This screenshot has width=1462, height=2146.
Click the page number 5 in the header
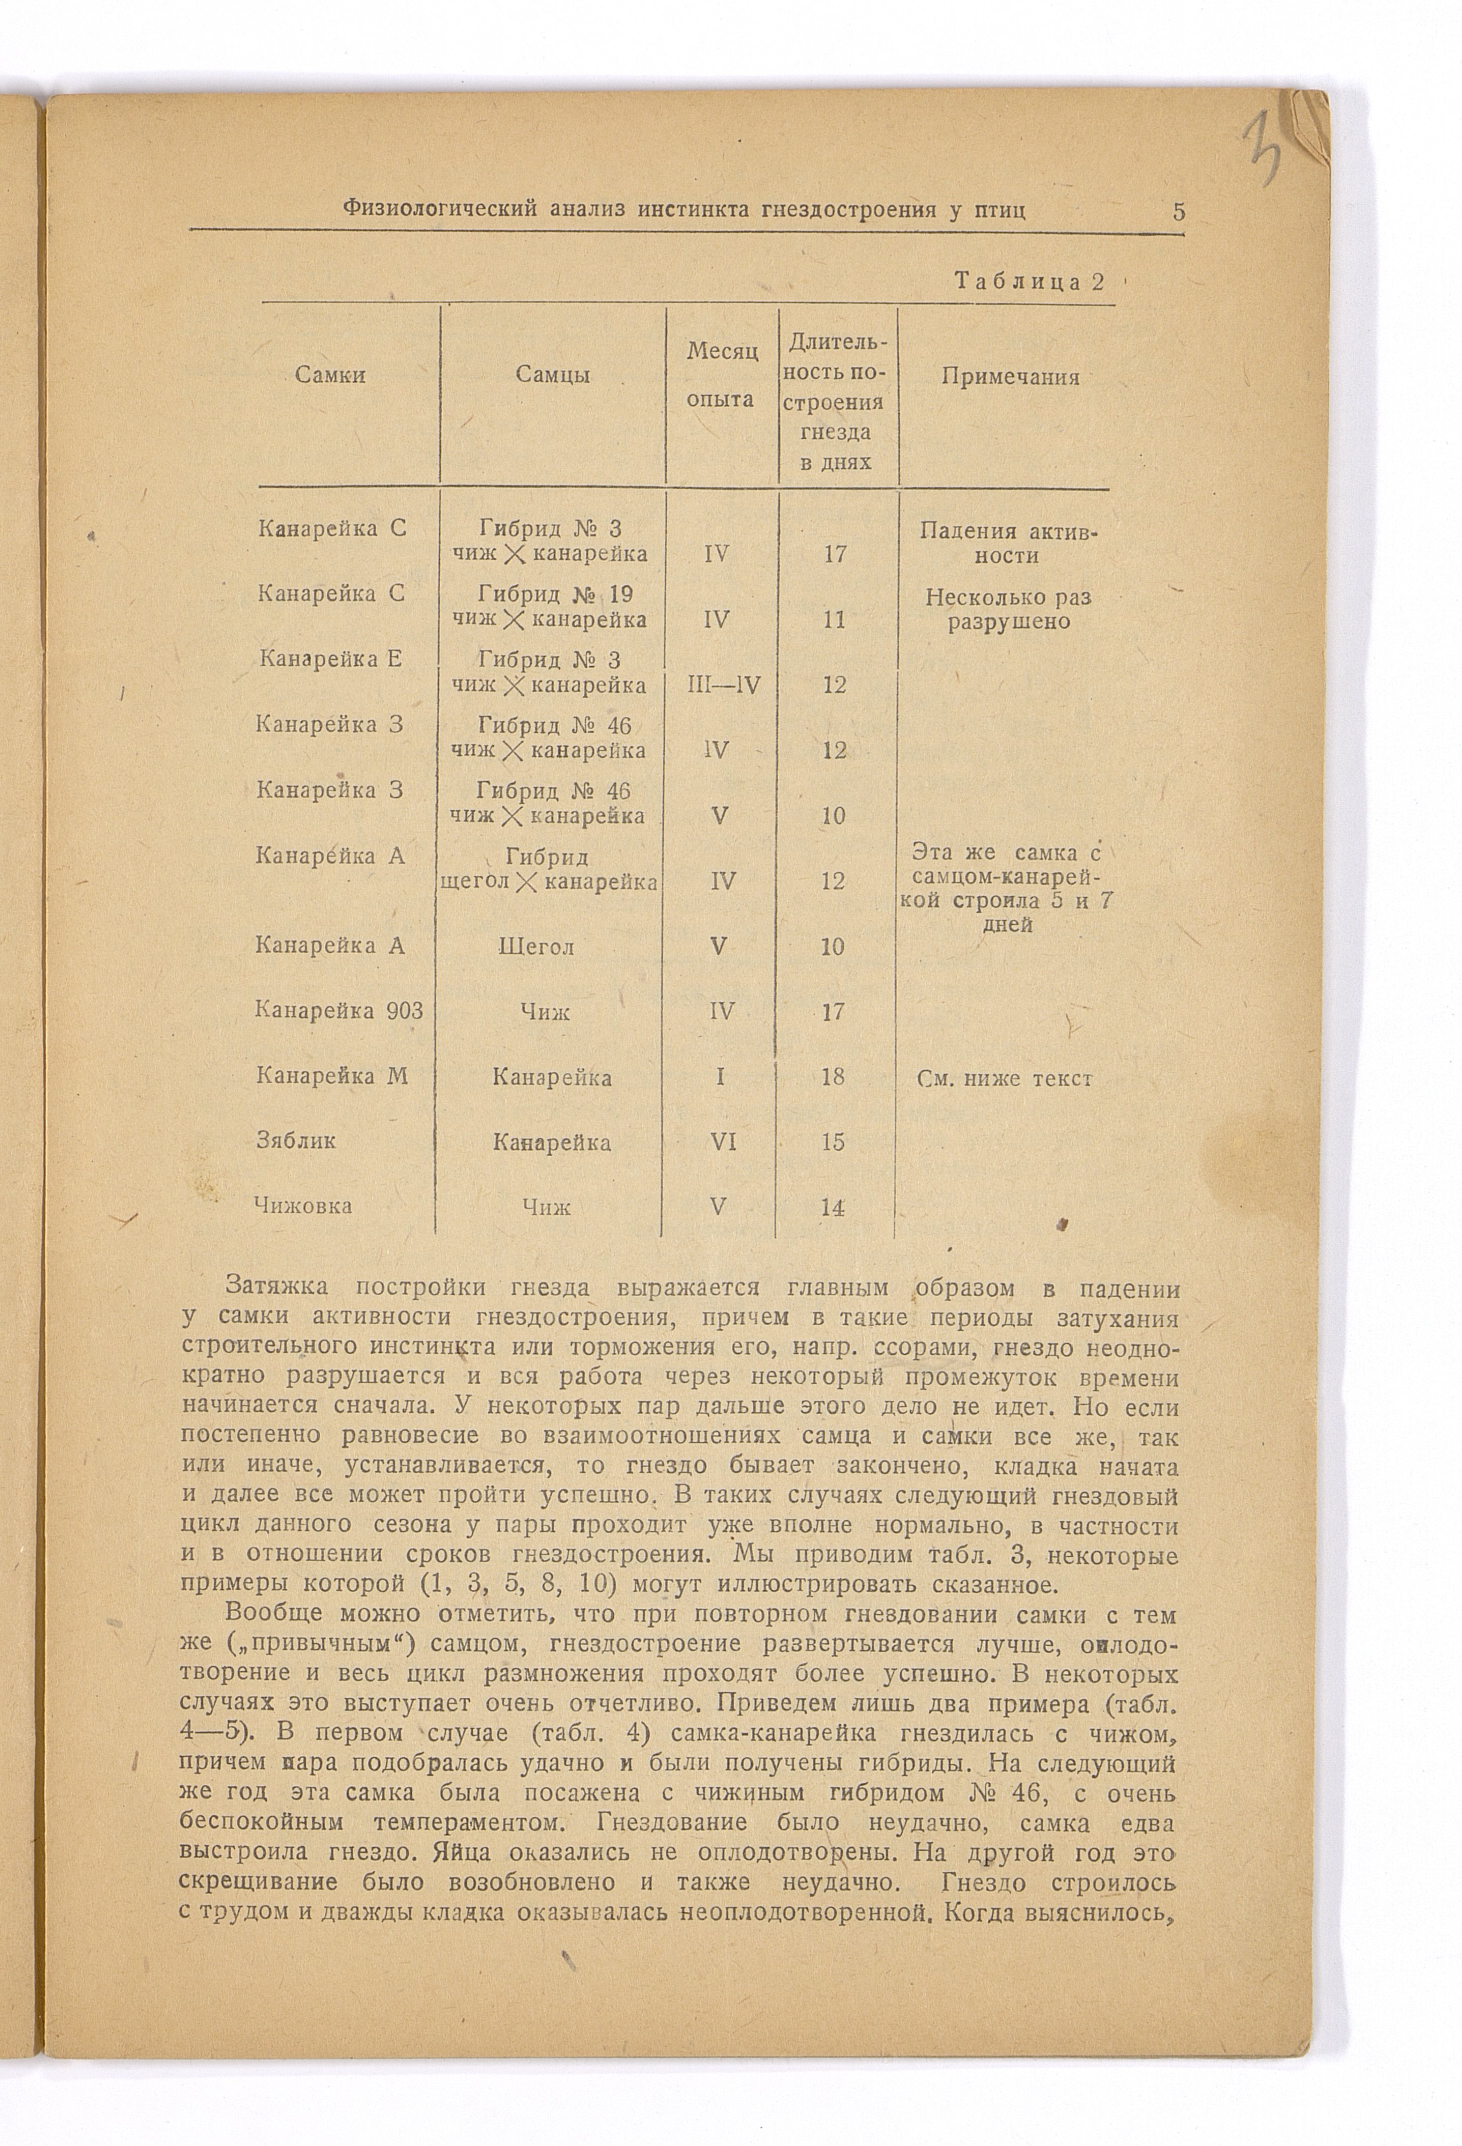[1178, 211]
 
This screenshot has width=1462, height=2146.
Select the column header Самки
[330, 375]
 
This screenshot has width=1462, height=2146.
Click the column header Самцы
[552, 375]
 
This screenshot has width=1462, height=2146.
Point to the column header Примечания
[1010, 377]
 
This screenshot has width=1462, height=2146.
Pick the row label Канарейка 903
[339, 1011]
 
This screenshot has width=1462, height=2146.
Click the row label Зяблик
[296, 1141]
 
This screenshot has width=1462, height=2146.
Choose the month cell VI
[720, 1142]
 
